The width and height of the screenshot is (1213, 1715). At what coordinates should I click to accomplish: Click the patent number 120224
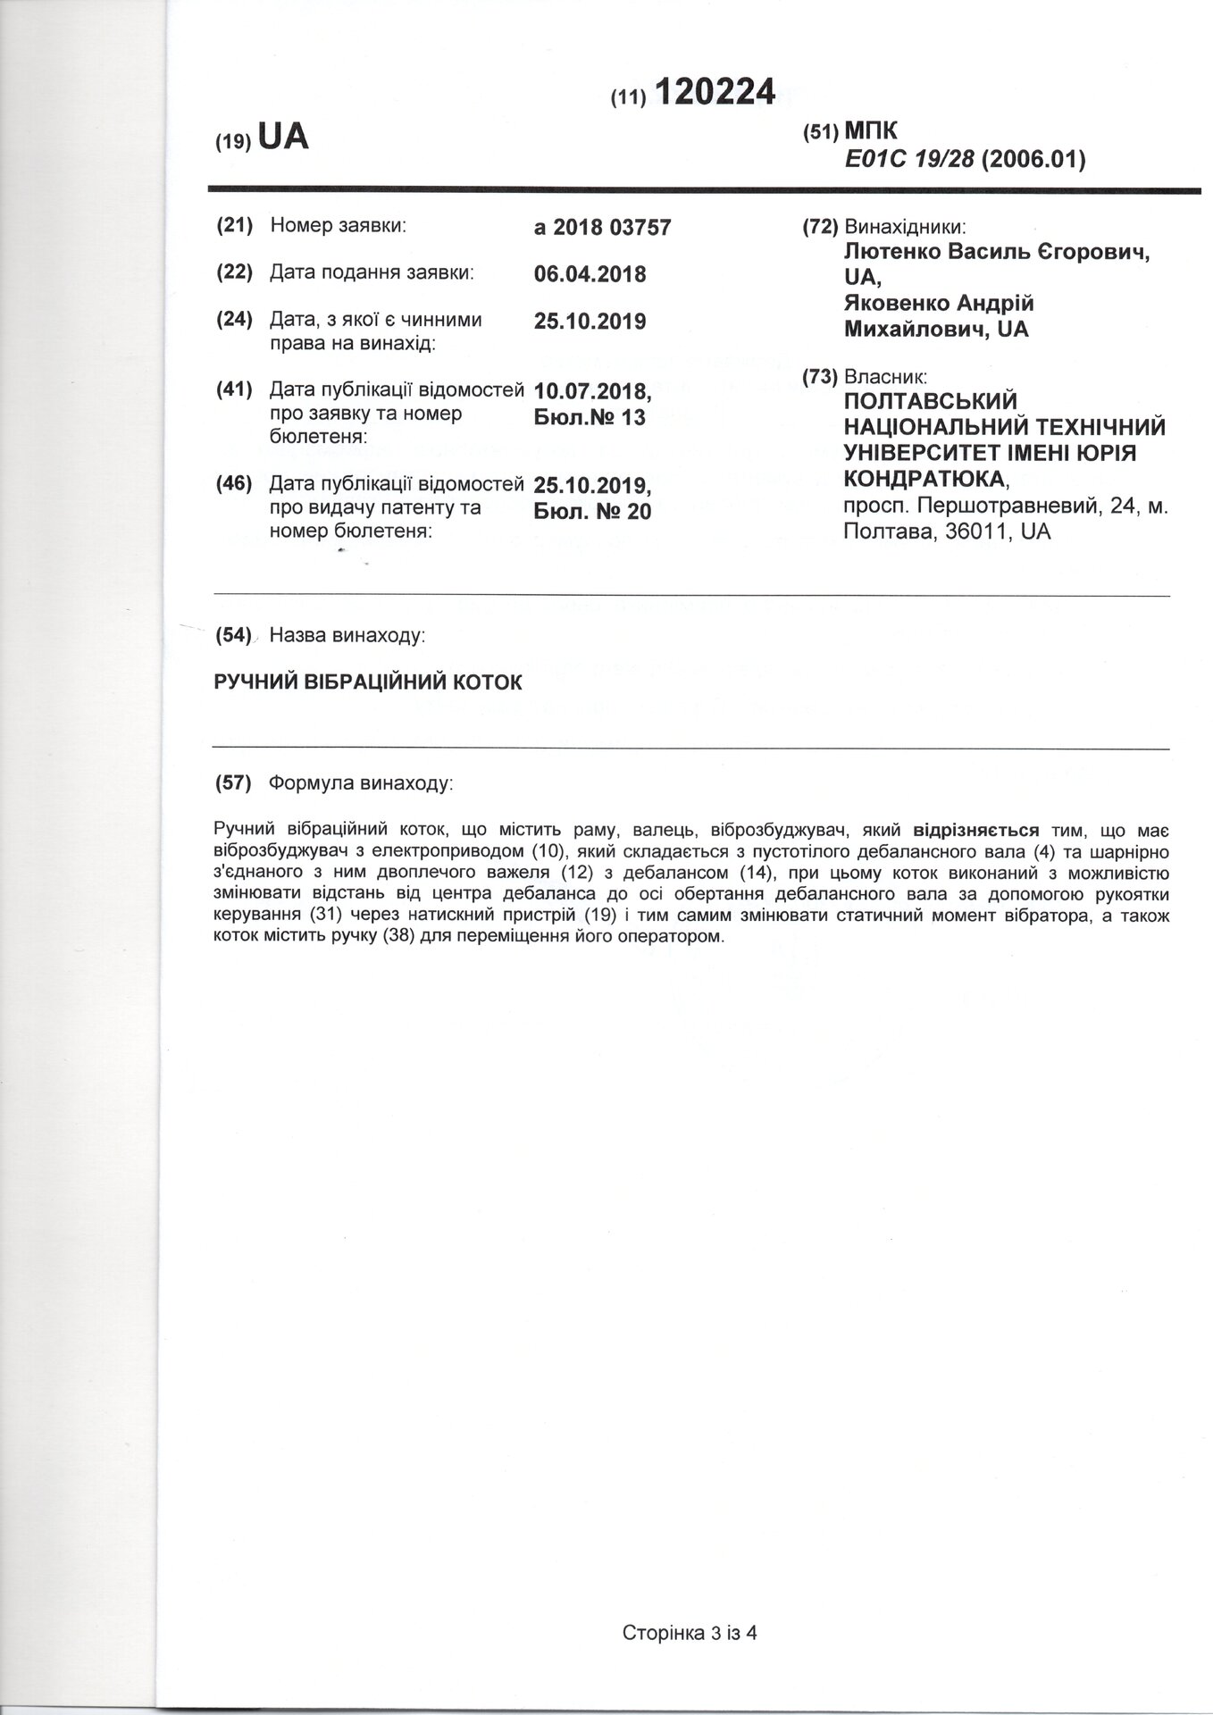click(715, 91)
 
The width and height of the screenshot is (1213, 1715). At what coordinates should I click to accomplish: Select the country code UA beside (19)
click(282, 138)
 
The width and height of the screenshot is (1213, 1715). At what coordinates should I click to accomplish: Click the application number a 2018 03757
click(602, 228)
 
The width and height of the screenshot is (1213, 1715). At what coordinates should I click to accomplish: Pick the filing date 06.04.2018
click(590, 274)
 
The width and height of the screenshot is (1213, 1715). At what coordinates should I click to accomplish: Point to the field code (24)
click(235, 320)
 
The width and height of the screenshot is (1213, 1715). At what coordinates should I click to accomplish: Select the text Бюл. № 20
click(592, 512)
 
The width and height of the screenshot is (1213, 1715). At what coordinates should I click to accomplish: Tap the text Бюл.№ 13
click(589, 417)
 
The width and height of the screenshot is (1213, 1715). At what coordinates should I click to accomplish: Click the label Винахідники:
click(905, 227)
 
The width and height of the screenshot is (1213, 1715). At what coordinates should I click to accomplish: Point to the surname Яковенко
click(897, 303)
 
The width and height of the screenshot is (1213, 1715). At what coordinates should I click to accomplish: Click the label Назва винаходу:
click(347, 636)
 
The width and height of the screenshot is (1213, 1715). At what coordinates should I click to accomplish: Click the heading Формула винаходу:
click(361, 783)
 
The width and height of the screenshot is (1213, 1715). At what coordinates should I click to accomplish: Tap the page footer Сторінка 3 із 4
click(690, 1633)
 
